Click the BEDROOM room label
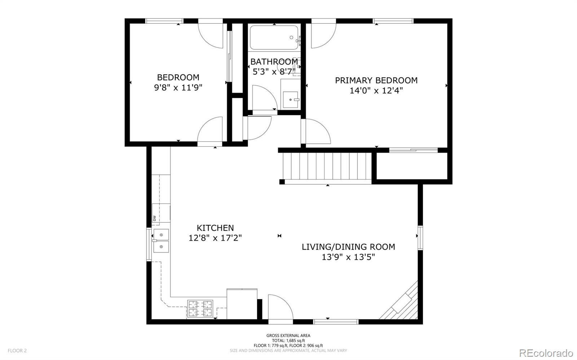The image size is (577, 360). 178,77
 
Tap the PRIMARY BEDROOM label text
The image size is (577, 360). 376,80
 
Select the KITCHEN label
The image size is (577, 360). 215,228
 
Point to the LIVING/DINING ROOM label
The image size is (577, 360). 348,247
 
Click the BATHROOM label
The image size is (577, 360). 274,62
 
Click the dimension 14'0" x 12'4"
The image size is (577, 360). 376,90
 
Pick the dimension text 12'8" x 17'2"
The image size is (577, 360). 215,238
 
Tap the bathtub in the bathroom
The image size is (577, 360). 274,37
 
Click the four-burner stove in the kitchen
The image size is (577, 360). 200,308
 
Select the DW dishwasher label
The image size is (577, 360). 155,218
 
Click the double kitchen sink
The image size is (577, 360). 161,241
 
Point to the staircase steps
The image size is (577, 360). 327,166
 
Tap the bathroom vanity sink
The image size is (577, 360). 291,99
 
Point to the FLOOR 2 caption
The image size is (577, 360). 17,351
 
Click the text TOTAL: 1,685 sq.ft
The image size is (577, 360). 288,341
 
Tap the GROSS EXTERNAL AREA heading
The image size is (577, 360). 288,335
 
